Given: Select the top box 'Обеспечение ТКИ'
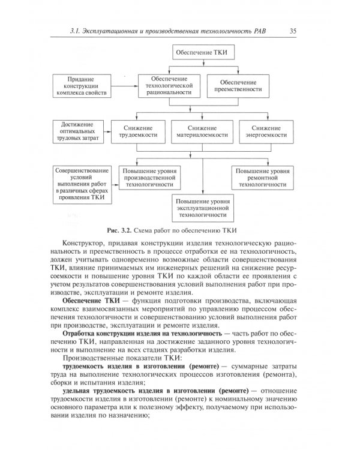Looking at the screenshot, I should (201, 52).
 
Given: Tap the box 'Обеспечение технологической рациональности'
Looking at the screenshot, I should (169, 85).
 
